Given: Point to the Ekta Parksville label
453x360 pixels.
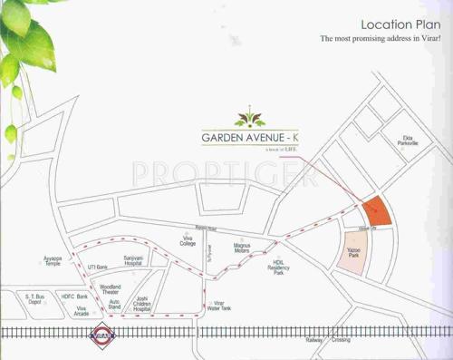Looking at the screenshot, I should pyautogui.click(x=414, y=141).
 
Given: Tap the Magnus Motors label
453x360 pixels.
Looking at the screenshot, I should pyautogui.click(x=242, y=248).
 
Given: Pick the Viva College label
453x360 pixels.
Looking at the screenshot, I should pyautogui.click(x=188, y=240).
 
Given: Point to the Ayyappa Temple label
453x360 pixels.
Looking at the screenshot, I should pyautogui.click(x=53, y=261).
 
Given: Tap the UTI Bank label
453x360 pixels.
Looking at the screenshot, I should pyautogui.click(x=97, y=268).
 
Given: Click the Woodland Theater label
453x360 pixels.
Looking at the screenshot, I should pyautogui.click(x=111, y=288).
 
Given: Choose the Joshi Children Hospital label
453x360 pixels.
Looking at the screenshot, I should pyautogui.click(x=140, y=302).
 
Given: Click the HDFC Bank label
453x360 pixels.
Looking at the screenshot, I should pyautogui.click(x=74, y=297).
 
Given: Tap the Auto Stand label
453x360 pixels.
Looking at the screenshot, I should pyautogui.click(x=114, y=306).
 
